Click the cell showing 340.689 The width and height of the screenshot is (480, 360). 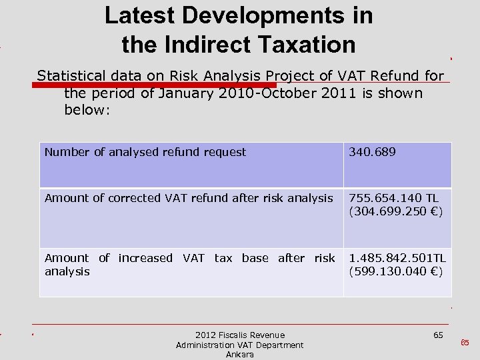point(372,152)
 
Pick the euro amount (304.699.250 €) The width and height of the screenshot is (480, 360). point(396,211)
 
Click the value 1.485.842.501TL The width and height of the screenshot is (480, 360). point(397,258)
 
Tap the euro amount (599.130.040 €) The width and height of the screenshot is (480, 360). point(396,271)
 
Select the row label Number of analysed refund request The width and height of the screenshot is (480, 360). point(145,152)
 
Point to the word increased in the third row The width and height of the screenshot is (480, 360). point(145,258)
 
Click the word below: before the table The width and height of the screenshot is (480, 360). point(87,110)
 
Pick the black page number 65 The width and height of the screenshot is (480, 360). point(438,335)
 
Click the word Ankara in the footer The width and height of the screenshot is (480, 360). point(239,355)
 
